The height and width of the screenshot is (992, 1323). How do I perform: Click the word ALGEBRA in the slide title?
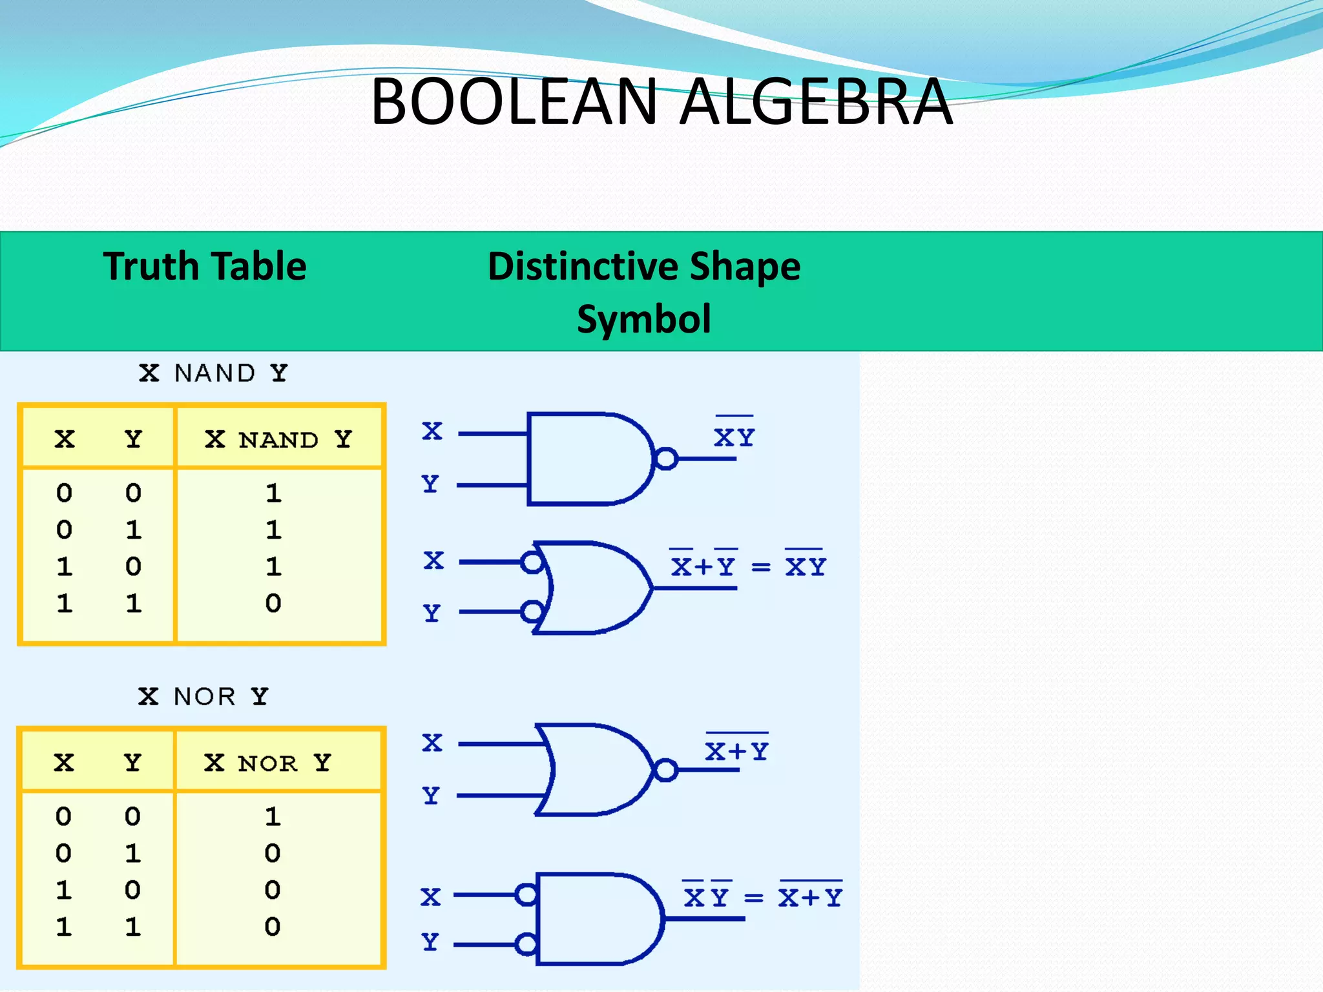pyautogui.click(x=817, y=102)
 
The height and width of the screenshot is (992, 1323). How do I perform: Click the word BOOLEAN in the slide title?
pyautogui.click(x=514, y=102)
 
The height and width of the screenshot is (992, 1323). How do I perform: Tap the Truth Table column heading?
pyautogui.click(x=205, y=266)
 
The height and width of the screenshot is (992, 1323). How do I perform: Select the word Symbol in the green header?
pyautogui.click(x=643, y=319)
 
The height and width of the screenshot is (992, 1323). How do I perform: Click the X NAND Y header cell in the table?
pyautogui.click(x=278, y=439)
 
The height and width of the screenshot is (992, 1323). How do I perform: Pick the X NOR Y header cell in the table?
pyautogui.click(x=268, y=763)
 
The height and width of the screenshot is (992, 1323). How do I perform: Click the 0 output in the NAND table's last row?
pyautogui.click(x=273, y=603)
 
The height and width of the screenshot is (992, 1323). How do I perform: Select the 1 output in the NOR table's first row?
pyautogui.click(x=273, y=816)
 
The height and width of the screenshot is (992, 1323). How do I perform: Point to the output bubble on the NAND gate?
pyautogui.click(x=667, y=459)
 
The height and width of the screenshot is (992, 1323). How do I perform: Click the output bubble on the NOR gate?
pyautogui.click(x=666, y=770)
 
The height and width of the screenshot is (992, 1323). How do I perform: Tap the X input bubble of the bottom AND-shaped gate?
pyautogui.click(x=526, y=895)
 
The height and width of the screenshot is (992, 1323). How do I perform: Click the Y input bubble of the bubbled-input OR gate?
pyautogui.click(x=532, y=611)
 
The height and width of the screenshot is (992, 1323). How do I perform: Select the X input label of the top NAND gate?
pyautogui.click(x=432, y=431)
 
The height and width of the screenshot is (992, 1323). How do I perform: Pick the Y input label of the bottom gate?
pyautogui.click(x=430, y=942)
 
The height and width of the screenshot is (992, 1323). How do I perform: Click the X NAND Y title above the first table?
pyautogui.click(x=213, y=373)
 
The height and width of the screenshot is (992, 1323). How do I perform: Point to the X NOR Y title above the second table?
pyautogui.click(x=203, y=696)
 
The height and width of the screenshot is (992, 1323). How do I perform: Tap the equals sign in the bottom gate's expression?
pyautogui.click(x=753, y=898)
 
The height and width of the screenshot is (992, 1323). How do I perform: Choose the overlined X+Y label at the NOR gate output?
pyautogui.click(x=736, y=750)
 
